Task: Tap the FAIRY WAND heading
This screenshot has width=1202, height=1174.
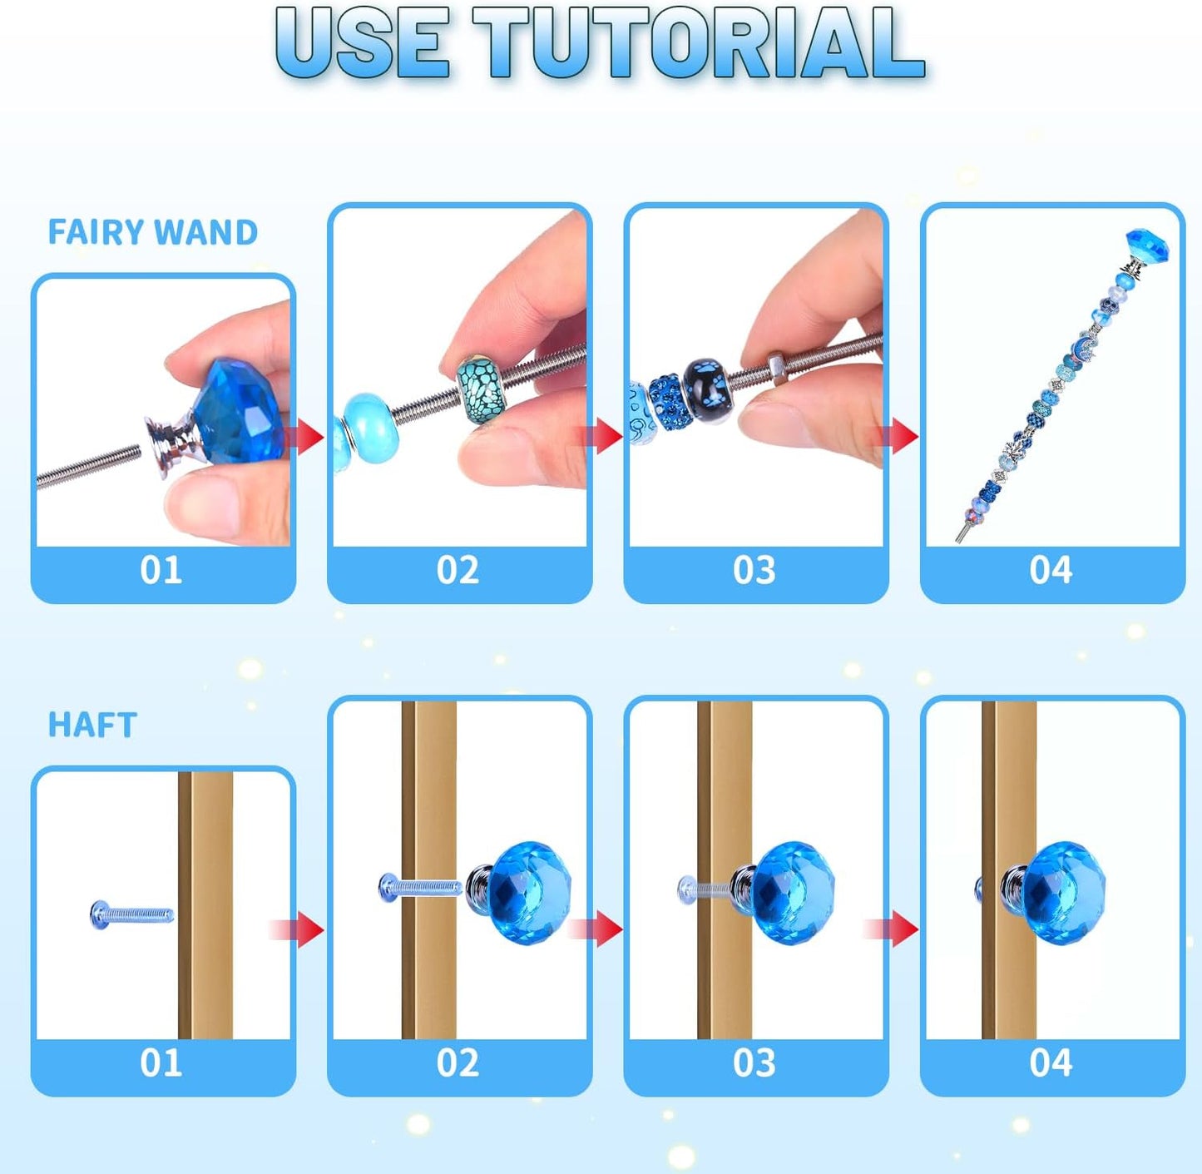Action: coord(152,232)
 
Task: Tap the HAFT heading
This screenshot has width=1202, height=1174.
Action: coord(92,725)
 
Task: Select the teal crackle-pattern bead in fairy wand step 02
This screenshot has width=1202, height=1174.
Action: coord(482,389)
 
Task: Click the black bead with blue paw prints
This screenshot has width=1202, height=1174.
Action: coord(707,389)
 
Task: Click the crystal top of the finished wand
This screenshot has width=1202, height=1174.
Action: coord(1147,246)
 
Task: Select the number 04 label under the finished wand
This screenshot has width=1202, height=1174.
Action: coord(1051,571)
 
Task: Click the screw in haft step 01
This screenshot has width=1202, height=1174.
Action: coord(131,915)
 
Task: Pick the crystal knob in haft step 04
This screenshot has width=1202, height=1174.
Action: coord(1061,892)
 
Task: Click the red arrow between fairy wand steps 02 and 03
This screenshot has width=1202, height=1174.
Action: coord(605,436)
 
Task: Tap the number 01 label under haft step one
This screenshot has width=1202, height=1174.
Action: coord(161,1063)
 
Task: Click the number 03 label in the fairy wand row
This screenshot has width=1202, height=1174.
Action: coord(754,571)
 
